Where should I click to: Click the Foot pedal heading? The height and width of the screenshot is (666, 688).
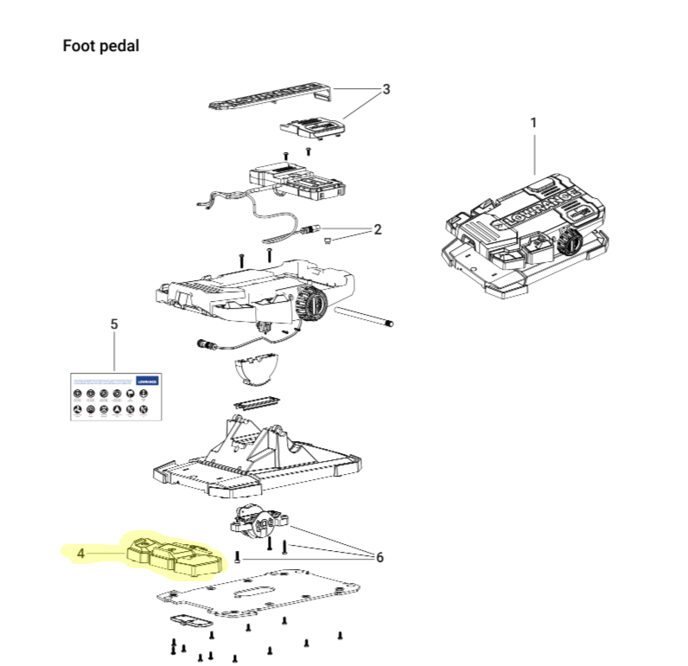tap(100, 46)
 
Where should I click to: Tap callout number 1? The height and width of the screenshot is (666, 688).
tap(533, 123)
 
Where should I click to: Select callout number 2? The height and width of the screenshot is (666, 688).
tap(377, 229)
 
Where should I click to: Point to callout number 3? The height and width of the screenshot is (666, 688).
tap(386, 89)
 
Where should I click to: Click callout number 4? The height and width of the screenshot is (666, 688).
tap(80, 551)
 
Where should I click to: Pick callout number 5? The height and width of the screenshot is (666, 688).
tap(114, 324)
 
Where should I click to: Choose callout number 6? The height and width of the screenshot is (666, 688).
tap(379, 557)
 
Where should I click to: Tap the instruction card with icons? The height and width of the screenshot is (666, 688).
tap(116, 397)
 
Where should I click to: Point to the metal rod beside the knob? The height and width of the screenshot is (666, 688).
tap(362, 315)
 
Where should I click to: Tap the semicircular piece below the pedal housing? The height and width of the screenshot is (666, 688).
tap(258, 369)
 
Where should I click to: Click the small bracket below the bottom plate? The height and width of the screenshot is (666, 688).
tap(190, 622)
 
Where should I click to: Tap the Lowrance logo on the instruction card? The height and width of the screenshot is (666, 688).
tap(148, 381)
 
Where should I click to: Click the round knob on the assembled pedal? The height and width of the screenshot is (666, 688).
tap(567, 242)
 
